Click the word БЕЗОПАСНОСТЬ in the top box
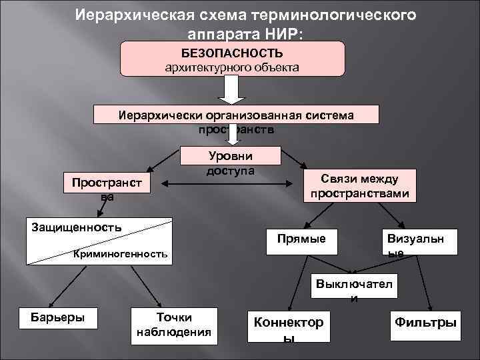(232, 53)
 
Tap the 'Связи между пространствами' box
(359, 185)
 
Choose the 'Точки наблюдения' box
(173, 325)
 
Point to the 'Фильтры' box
(426, 322)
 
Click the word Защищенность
(77, 227)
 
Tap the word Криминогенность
(121, 254)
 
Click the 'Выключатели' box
(354, 288)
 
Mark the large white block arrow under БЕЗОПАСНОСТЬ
(231, 89)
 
